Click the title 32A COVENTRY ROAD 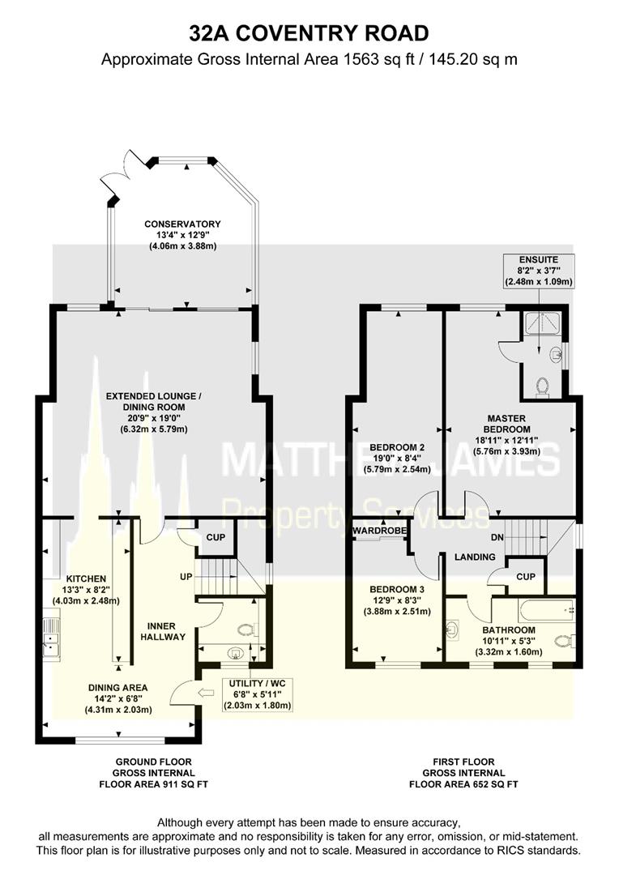point(309,33)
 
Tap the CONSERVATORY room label point(182,224)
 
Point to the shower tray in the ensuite point(536,324)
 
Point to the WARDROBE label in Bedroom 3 point(379,531)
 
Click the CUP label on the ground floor point(215,537)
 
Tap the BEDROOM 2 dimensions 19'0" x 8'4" point(397,458)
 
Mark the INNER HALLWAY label point(167,631)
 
